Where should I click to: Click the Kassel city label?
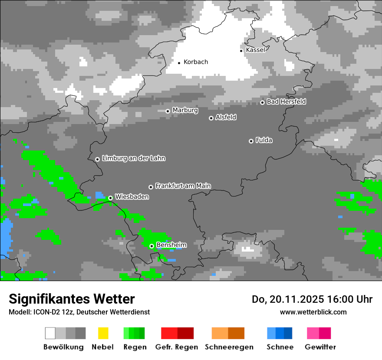(255, 50)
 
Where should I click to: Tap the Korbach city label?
(196, 62)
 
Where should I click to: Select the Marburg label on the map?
(185, 110)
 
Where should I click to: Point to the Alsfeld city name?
(226, 117)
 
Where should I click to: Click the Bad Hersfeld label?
(286, 101)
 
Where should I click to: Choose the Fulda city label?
(264, 140)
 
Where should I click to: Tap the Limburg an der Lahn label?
(134, 158)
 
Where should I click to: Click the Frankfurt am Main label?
(183, 186)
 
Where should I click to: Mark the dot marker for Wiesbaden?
(111, 198)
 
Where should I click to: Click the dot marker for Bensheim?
(151, 246)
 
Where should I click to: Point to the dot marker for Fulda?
(251, 141)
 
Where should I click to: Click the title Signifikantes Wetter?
(72, 299)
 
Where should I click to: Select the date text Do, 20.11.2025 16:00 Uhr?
(312, 299)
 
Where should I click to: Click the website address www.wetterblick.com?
(313, 312)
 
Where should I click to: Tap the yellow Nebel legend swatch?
(103, 333)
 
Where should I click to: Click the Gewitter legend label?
(320, 347)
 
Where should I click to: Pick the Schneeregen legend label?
(229, 347)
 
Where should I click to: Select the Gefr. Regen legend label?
(177, 347)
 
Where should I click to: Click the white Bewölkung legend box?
(50, 333)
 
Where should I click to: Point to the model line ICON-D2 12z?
(79, 312)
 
